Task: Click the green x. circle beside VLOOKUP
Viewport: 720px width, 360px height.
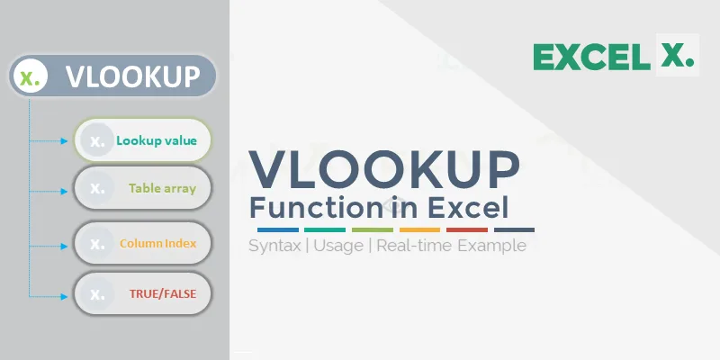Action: [31, 76]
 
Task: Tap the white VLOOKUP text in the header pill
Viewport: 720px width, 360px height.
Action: [132, 76]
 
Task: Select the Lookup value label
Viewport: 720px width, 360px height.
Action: [157, 140]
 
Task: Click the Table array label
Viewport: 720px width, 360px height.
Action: [163, 189]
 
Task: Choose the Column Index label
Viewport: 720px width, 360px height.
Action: [158, 243]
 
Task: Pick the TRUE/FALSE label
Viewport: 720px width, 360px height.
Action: [163, 294]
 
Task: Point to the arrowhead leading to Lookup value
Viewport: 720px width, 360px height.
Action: [64, 141]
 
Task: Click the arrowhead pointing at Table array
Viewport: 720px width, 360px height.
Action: [64, 191]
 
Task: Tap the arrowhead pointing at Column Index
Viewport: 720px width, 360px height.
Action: [64, 247]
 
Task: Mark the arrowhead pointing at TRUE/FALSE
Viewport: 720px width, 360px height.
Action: [64, 297]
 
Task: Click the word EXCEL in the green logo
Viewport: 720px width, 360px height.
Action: [591, 57]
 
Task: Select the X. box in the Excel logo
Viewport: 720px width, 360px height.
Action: [678, 55]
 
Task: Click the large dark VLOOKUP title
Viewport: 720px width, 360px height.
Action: [384, 169]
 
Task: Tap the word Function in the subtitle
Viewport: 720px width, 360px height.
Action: [315, 208]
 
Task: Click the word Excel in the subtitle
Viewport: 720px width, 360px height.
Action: [468, 208]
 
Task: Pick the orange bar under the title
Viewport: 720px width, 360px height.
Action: [419, 229]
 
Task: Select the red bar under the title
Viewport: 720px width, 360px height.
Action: [467, 229]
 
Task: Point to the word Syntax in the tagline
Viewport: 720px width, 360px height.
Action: [274, 246]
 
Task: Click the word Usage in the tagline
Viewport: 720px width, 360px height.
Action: [339, 246]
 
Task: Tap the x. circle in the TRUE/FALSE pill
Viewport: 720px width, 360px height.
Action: [97, 294]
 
